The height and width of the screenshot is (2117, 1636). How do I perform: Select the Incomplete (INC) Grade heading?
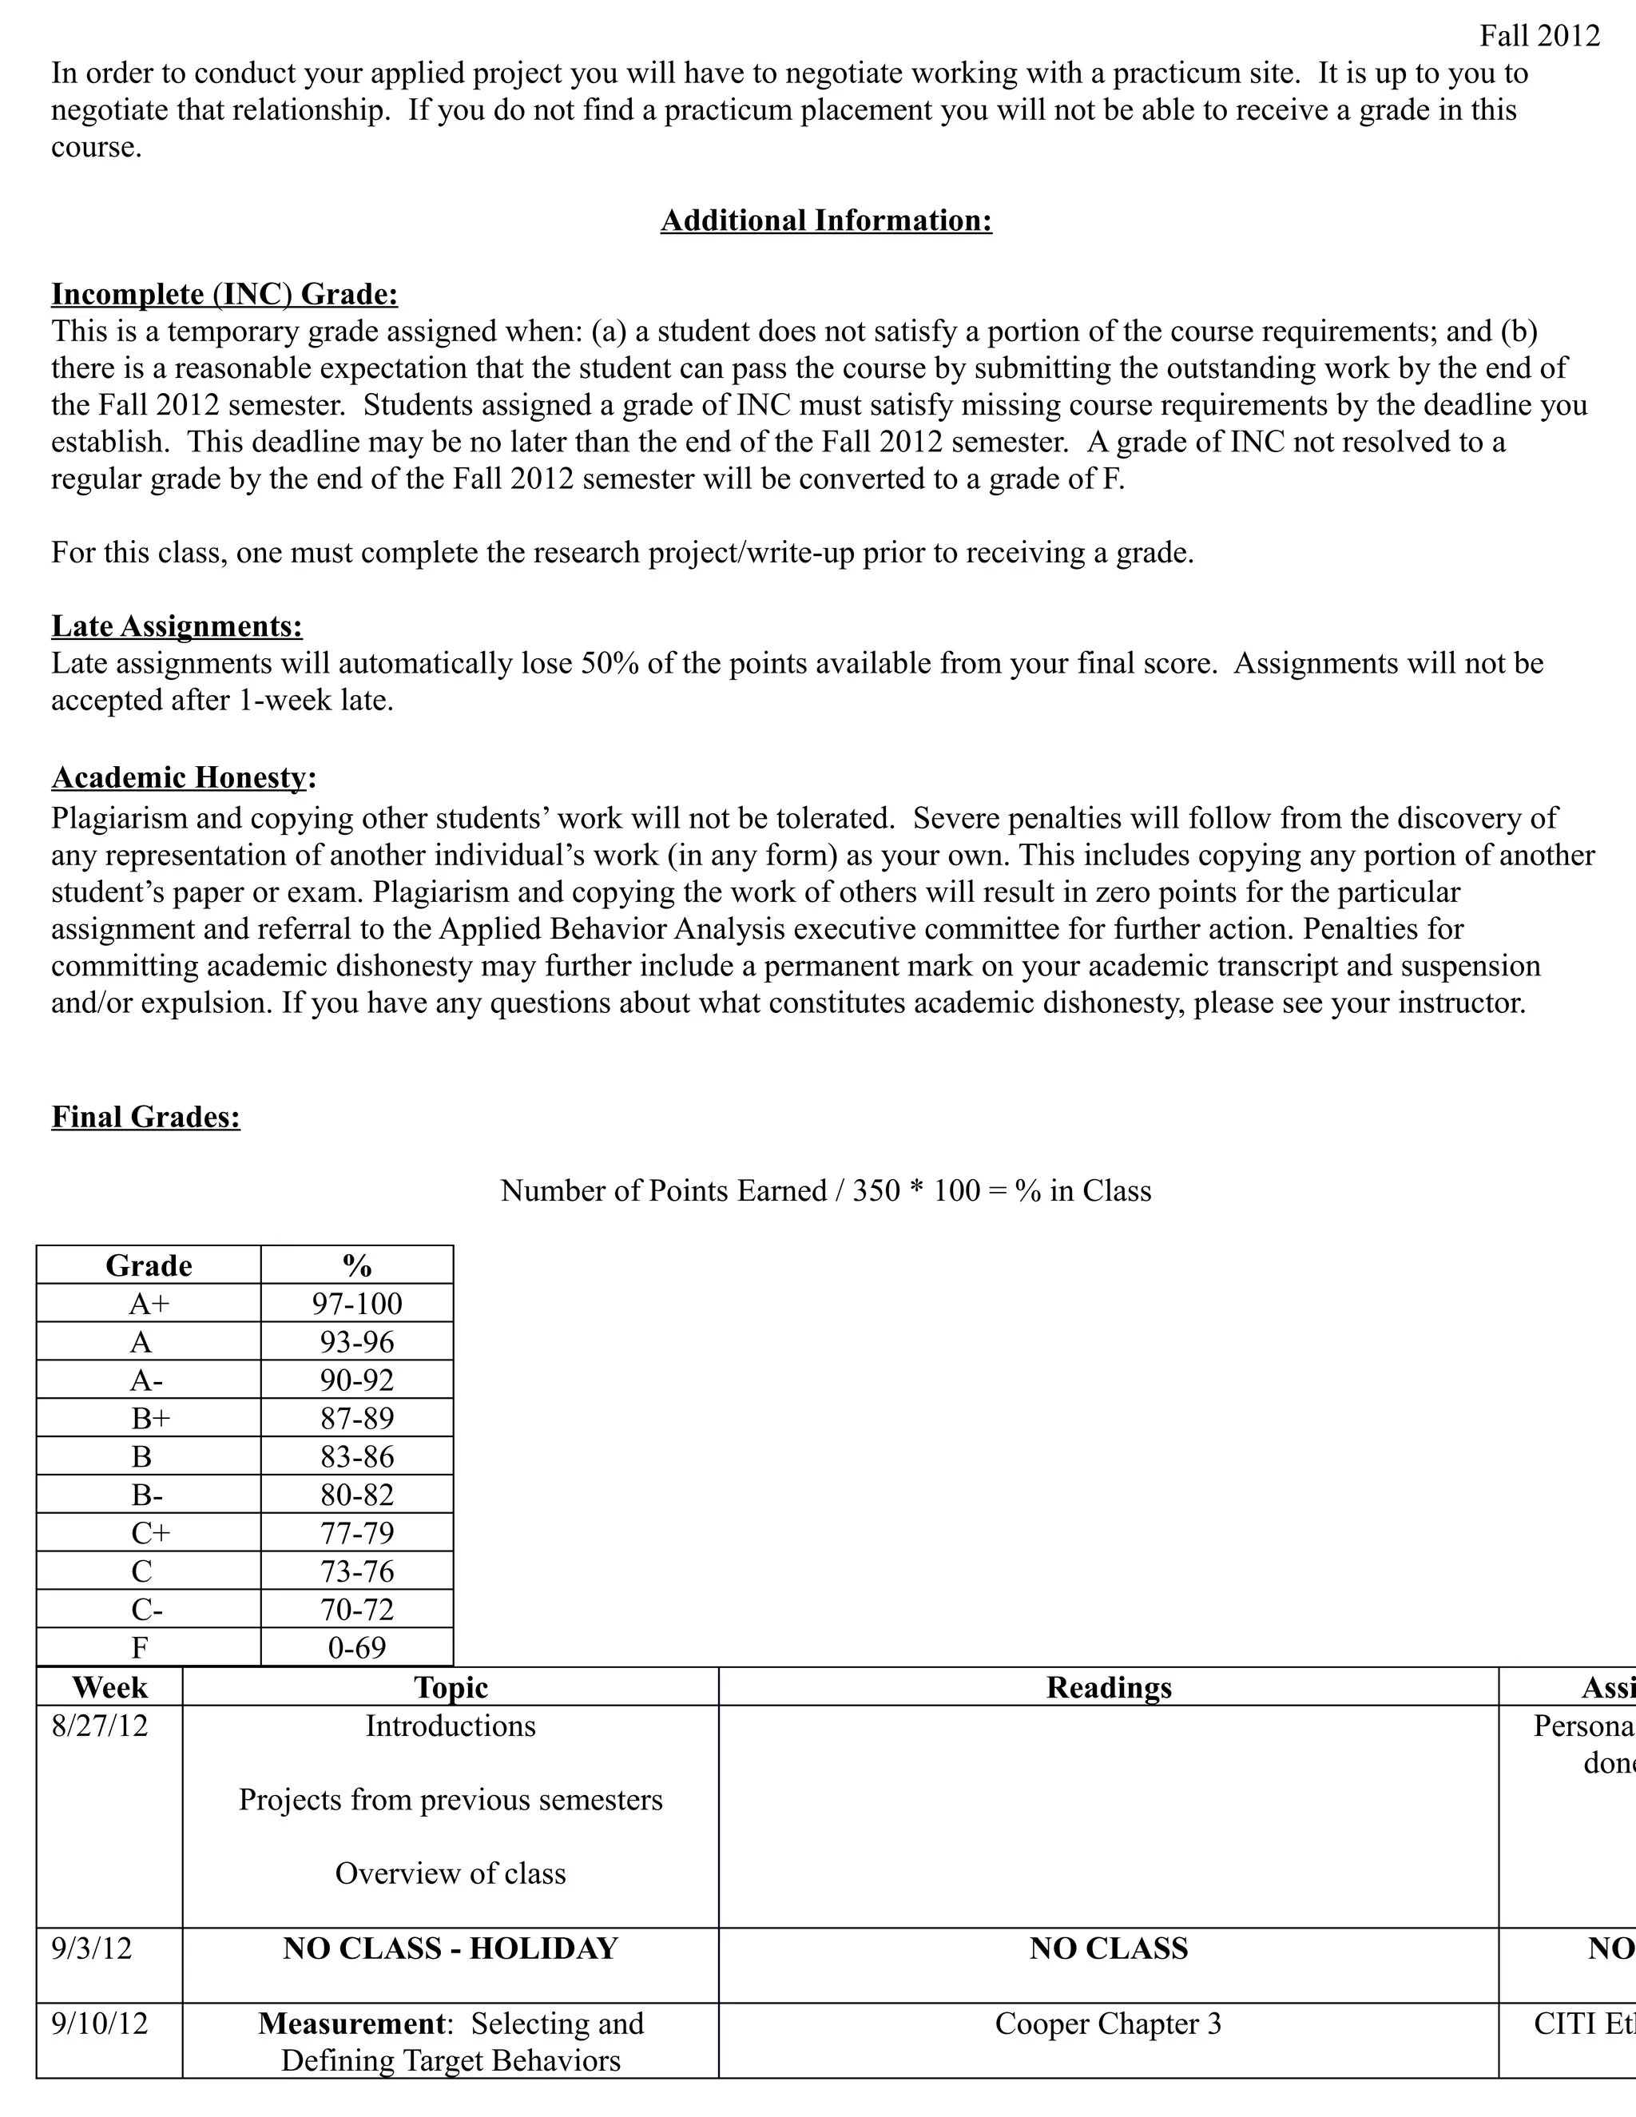[x=224, y=294]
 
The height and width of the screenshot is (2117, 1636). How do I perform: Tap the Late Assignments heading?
[x=177, y=626]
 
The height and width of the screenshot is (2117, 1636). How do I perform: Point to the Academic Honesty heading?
[x=183, y=777]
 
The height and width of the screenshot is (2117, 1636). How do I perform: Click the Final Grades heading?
[x=145, y=1117]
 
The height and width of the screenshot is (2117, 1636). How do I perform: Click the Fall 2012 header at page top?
[x=1539, y=36]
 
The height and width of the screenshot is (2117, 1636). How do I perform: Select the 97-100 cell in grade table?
[x=356, y=1304]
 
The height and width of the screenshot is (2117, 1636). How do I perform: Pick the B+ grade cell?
[x=149, y=1418]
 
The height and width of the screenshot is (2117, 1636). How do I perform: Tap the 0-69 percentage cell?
[x=356, y=1648]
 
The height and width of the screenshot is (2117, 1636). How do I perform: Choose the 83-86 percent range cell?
[x=356, y=1457]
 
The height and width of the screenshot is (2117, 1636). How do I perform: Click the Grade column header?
[x=149, y=1266]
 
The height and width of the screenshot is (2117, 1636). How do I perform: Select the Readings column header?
[x=1108, y=1687]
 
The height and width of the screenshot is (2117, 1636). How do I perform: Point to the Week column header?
[x=109, y=1687]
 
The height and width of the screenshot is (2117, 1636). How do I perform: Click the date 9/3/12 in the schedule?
[x=91, y=1948]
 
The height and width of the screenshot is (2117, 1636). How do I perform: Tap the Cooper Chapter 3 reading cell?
[x=1108, y=2024]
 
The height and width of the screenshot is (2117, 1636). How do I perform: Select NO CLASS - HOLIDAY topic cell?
[x=450, y=1948]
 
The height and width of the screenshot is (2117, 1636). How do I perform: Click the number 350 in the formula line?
[x=876, y=1190]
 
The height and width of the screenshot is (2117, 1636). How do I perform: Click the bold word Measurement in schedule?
[x=351, y=2024]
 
